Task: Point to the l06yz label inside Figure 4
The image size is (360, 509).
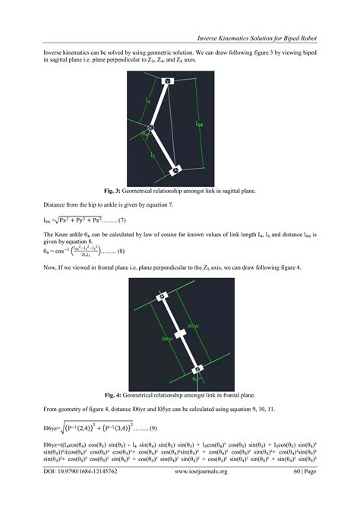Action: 168,340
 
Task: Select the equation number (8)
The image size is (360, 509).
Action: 125,251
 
